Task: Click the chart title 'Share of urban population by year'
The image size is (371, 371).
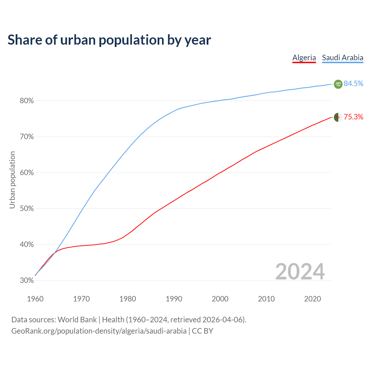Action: [x=109, y=40]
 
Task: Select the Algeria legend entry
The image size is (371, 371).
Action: [x=304, y=58]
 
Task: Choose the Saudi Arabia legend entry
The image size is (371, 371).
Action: [x=343, y=58]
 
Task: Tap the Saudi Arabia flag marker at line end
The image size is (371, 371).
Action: [x=338, y=84]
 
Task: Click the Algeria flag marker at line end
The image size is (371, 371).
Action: [x=338, y=117]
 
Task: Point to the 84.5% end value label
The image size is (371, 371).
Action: [x=353, y=83]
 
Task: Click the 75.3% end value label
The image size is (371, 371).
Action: [x=353, y=117]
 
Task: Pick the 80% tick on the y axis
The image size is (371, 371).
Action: [x=27, y=101]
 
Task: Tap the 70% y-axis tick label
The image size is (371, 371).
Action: [x=27, y=137]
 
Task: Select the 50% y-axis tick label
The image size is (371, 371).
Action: [x=27, y=209]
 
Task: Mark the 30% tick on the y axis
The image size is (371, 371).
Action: [x=27, y=281]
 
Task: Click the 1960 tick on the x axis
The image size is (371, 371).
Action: [x=35, y=299]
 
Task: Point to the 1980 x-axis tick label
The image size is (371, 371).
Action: [x=128, y=299]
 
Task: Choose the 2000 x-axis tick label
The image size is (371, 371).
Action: [x=220, y=299]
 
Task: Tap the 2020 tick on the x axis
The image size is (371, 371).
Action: [x=312, y=299]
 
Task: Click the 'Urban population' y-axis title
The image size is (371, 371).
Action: [x=12, y=180]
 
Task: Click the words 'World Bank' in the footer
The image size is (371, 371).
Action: [x=77, y=320]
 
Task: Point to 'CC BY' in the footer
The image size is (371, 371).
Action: [x=203, y=331]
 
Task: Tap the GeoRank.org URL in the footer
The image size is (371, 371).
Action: [x=99, y=331]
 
